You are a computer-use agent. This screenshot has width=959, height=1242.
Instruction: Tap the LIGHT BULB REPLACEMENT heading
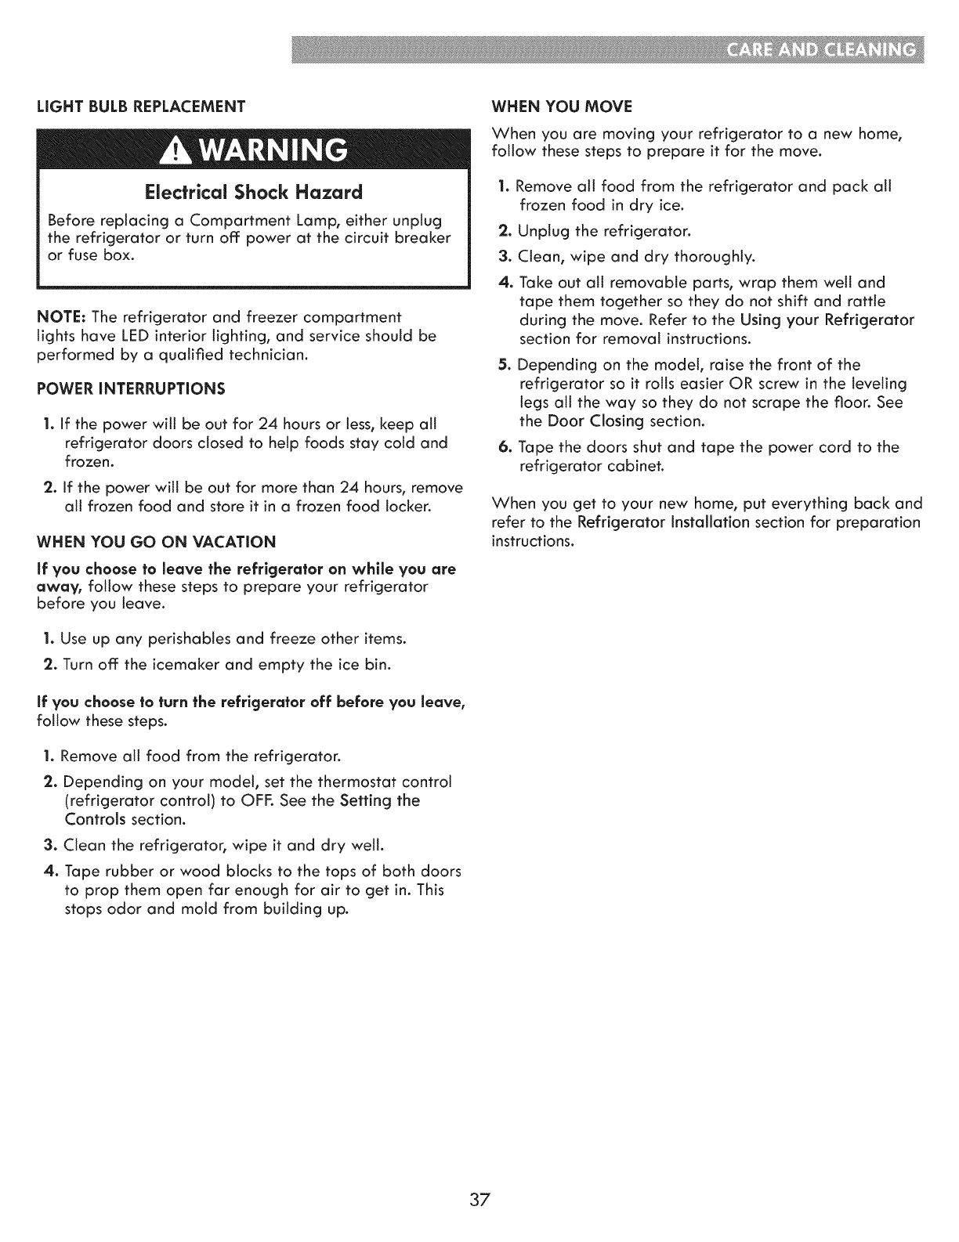141,105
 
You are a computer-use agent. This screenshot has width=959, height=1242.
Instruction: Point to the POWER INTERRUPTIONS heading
131,388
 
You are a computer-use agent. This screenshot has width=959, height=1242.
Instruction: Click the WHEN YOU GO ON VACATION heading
157,542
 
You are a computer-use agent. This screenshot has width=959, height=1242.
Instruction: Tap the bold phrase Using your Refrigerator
827,320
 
